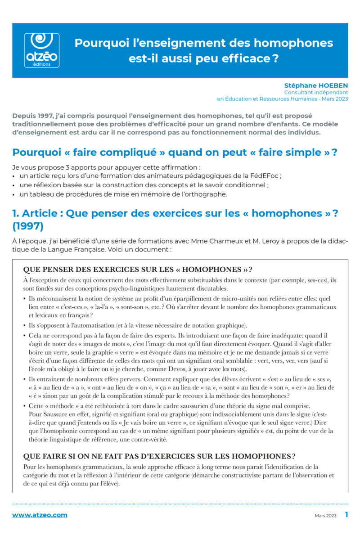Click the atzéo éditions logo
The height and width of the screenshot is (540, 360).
click(x=41, y=50)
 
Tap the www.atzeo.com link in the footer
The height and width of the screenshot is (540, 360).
click(x=40, y=515)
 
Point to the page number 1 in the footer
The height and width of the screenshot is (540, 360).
click(x=346, y=514)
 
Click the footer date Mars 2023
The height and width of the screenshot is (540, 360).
click(x=325, y=515)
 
